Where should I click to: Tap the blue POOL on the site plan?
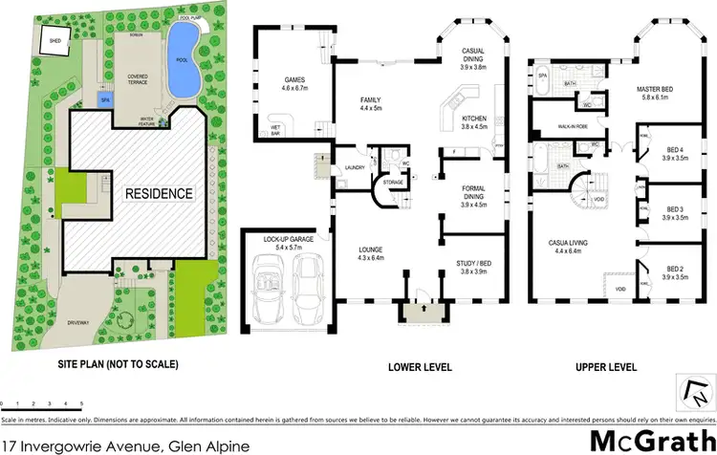pyautogui.click(x=181, y=60)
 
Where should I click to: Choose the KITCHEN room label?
pyautogui.click(x=475, y=119)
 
